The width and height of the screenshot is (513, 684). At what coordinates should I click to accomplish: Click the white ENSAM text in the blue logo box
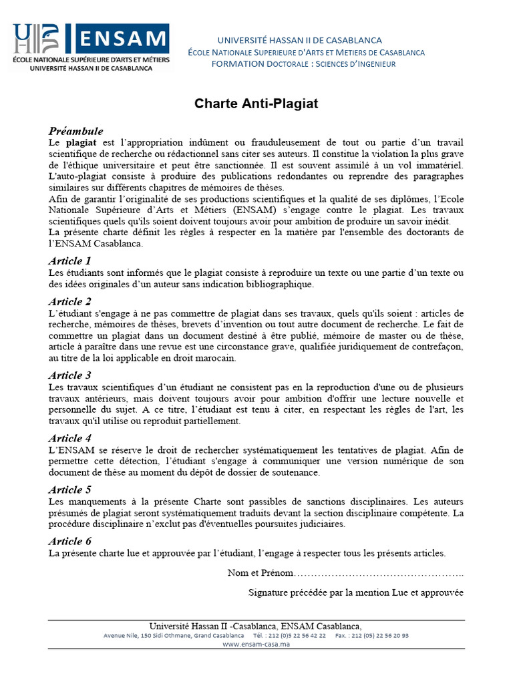coord(122,39)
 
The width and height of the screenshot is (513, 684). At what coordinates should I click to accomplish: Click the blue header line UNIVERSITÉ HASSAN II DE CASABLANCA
coord(300,41)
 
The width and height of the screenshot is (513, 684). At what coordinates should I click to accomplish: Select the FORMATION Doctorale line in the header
coord(303,64)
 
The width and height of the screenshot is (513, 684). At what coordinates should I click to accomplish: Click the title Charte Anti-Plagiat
coord(256,104)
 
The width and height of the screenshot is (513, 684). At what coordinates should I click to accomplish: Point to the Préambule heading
coord(75,131)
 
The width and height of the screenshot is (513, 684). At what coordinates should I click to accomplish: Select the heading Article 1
coord(69,261)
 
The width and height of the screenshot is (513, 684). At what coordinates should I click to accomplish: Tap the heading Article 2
coord(69,301)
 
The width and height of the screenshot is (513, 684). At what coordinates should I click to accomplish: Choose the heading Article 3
coord(69,375)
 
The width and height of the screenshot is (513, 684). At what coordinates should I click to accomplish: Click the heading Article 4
coord(69,438)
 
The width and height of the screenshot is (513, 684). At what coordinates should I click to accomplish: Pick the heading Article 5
coord(69,490)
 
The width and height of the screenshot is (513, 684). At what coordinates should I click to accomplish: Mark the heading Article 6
coord(69,541)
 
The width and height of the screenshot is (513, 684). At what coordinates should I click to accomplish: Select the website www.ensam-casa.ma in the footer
coord(256,645)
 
